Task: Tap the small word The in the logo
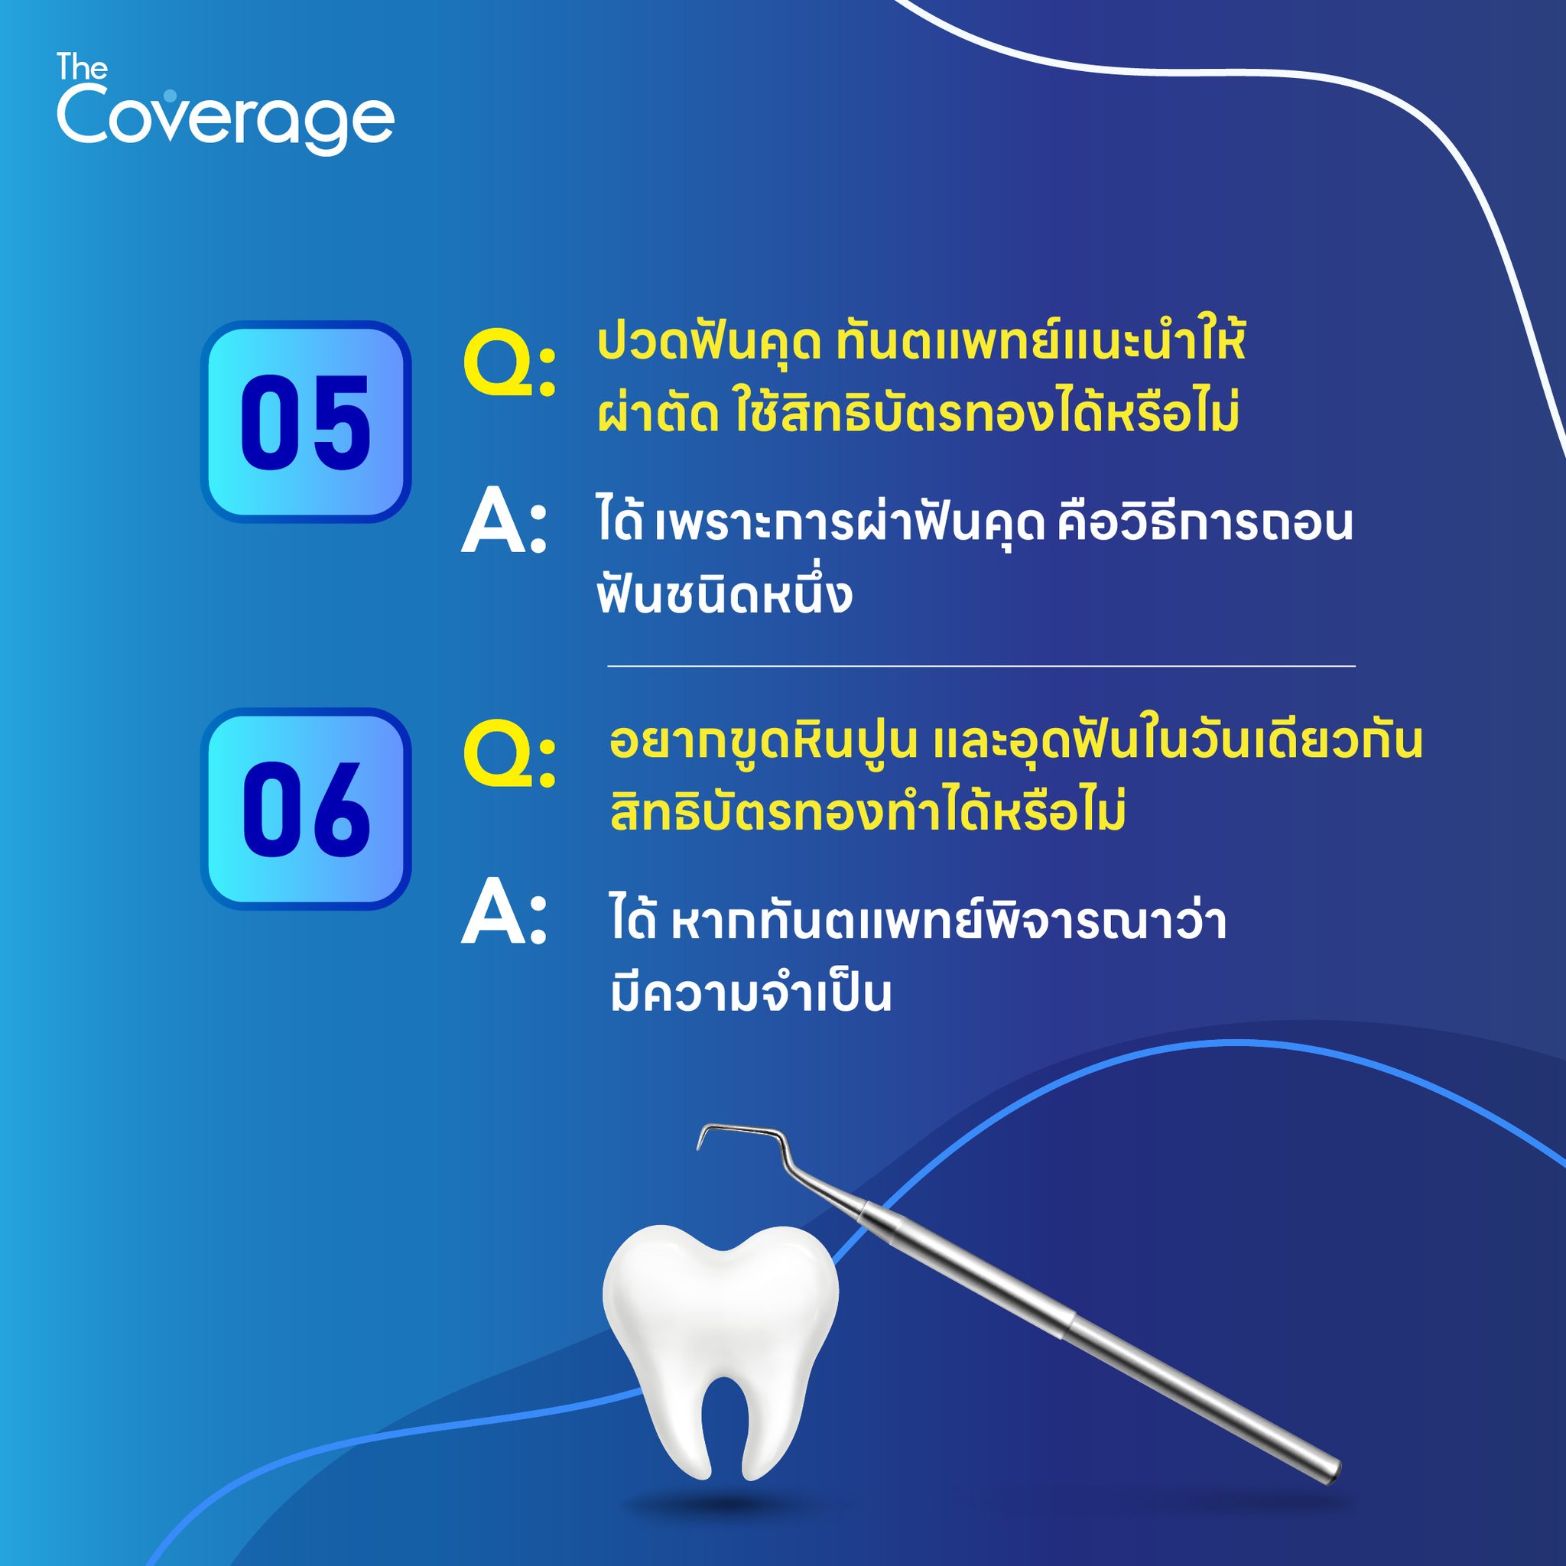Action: tap(82, 67)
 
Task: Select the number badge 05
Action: tap(307, 421)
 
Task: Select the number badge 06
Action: tap(307, 808)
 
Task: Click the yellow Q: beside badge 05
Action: tap(509, 367)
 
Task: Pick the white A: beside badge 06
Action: tap(503, 916)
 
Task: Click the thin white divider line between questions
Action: tap(981, 666)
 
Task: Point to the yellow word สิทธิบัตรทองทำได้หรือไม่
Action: tap(868, 811)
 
